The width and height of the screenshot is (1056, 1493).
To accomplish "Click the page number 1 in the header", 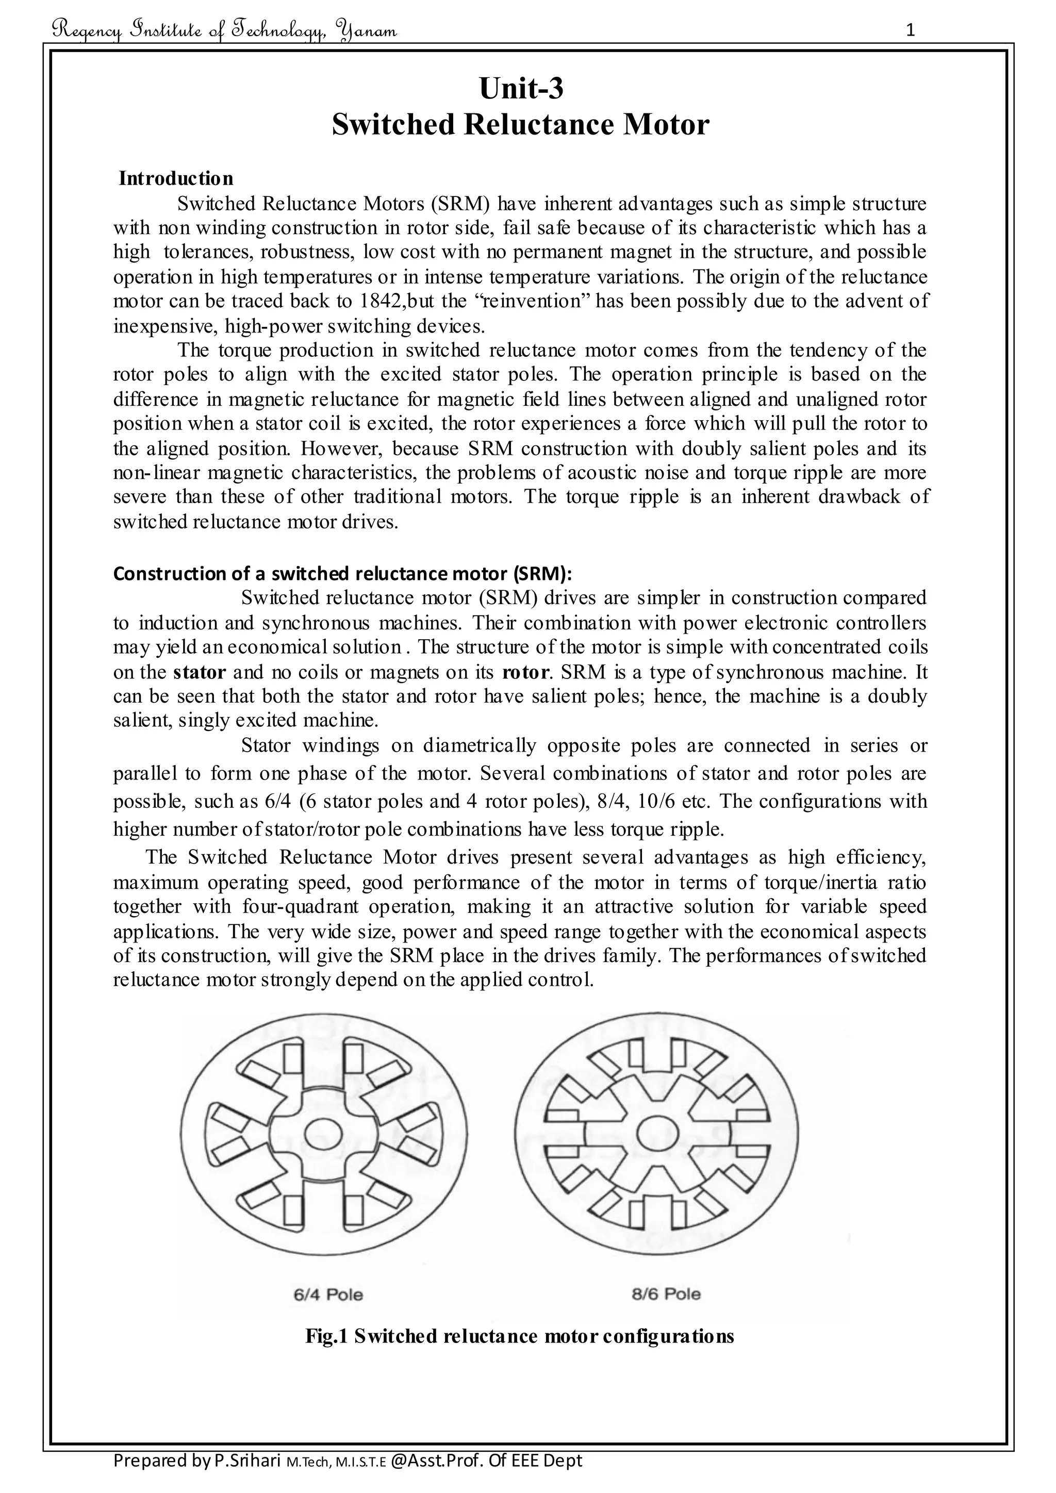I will click(911, 30).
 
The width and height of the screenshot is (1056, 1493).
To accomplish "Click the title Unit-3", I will click(521, 89).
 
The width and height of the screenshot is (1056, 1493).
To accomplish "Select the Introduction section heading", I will click(175, 178).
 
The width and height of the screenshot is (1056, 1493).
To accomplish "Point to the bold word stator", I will click(200, 672).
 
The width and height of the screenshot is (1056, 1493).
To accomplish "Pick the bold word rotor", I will click(522, 672).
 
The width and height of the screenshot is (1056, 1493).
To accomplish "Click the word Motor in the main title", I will click(666, 125).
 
